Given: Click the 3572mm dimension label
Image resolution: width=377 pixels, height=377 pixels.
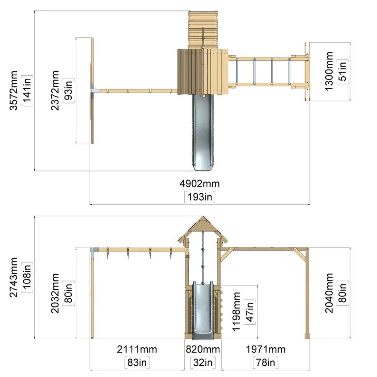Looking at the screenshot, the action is tap(14, 90).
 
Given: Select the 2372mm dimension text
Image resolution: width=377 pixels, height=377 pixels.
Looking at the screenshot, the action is tap(55, 90).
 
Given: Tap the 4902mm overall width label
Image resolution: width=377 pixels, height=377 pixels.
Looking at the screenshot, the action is tap(199, 184).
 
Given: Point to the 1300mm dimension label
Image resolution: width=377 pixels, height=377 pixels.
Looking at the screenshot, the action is tap(329, 71).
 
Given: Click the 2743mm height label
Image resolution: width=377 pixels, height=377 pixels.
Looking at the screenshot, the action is tap(14, 277).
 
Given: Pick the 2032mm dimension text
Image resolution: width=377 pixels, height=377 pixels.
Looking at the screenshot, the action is tap(55, 293).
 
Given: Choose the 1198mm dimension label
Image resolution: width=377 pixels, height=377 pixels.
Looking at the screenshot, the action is tap(236, 312).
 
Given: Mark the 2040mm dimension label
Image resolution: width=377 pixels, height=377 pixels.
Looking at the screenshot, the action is tap(329, 293).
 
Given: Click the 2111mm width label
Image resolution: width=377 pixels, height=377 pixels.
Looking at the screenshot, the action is tap(137, 349).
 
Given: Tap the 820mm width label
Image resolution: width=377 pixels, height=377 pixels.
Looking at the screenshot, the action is tap(203, 349).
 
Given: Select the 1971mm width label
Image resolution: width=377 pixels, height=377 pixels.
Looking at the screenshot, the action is tap(266, 349).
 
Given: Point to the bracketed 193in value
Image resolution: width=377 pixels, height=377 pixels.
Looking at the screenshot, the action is tap(199, 197).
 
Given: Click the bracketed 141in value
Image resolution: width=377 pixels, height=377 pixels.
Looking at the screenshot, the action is tap(27, 90).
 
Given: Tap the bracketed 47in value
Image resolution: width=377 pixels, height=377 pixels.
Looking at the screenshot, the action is tap(250, 312).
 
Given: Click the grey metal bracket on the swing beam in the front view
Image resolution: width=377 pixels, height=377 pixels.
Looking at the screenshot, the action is tap(95, 250).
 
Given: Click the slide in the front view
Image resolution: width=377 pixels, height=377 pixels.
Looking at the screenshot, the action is tap(203, 310).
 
